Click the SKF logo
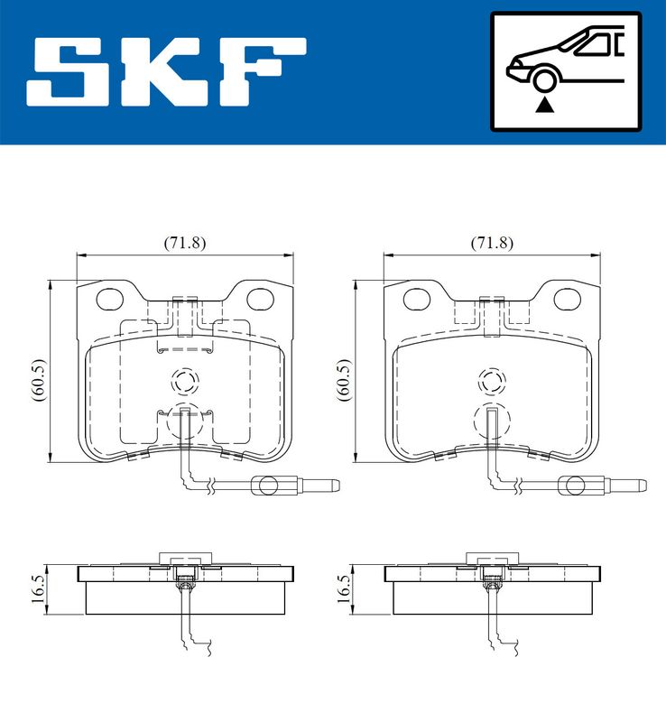(166, 72)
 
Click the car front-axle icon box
(566, 71)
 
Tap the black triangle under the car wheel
(544, 105)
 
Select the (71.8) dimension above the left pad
(185, 243)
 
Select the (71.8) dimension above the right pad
(492, 243)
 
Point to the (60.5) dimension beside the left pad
(39, 380)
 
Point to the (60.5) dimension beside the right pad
(346, 380)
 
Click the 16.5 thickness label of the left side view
(38, 589)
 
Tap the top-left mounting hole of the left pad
(110, 300)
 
